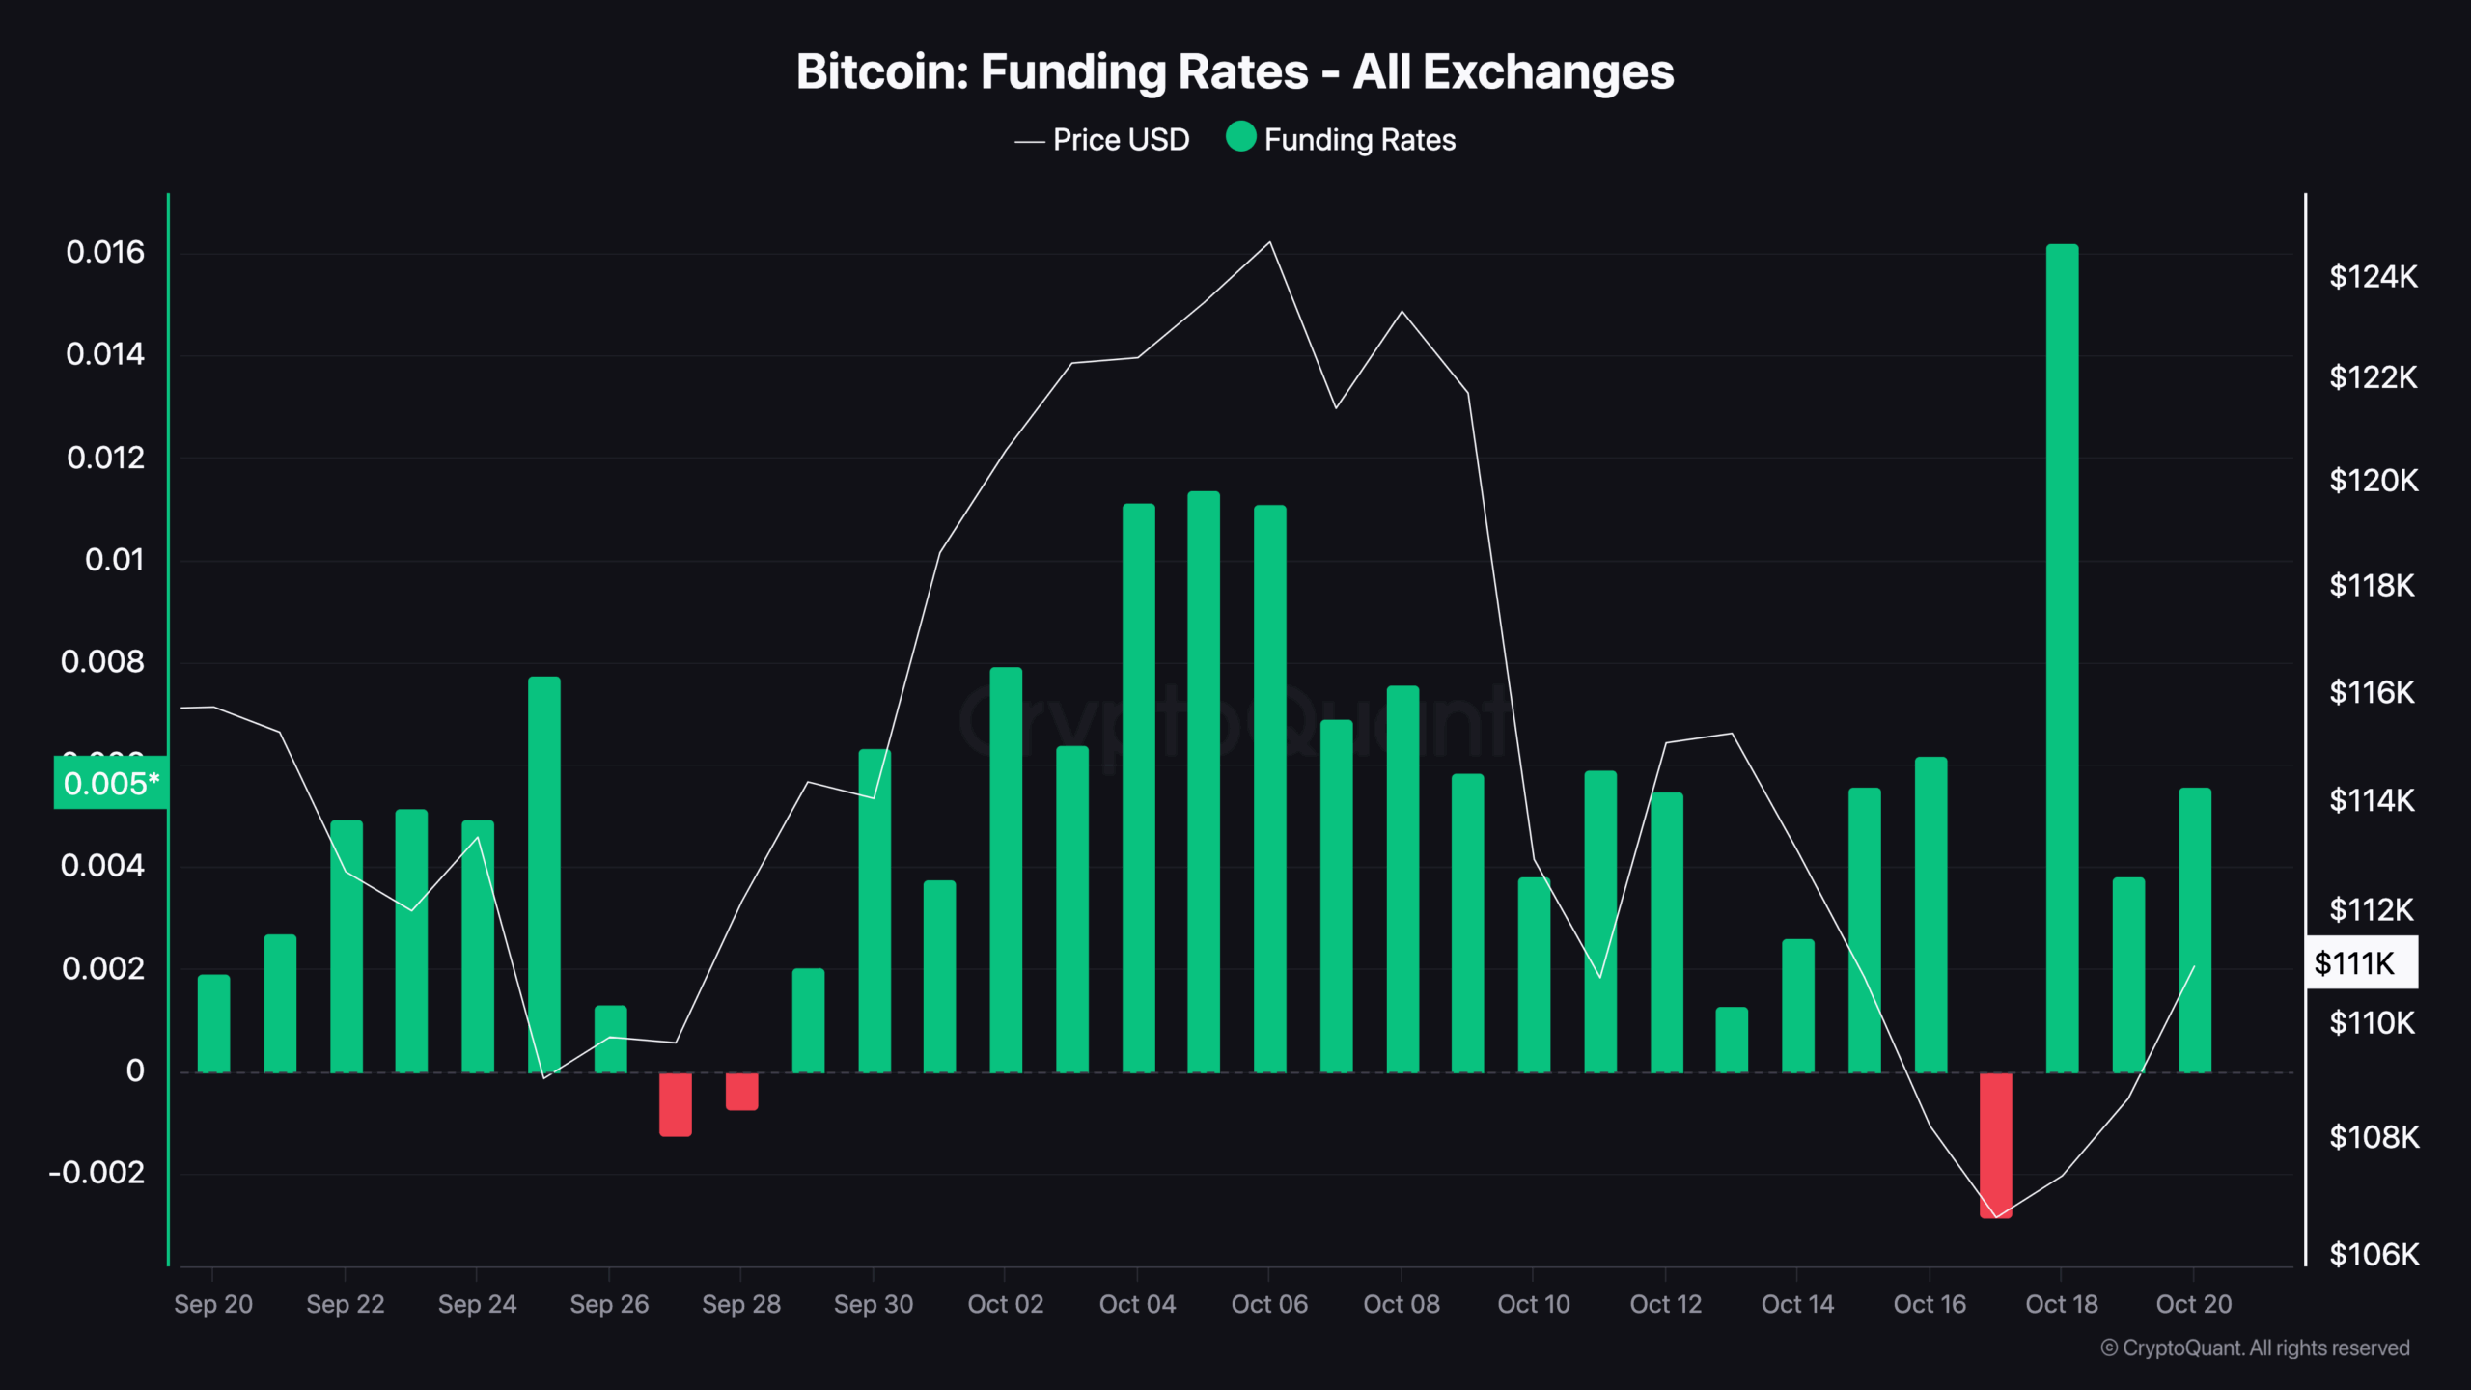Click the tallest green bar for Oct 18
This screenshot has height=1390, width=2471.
click(2062, 656)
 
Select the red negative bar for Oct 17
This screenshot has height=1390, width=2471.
click(1995, 1145)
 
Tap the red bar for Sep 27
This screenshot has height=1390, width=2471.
click(675, 1104)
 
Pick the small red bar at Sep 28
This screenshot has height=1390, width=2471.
click(741, 1092)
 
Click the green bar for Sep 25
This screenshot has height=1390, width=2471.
click(543, 874)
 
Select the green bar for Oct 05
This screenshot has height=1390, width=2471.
click(1203, 782)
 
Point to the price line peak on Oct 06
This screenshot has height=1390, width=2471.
click(1269, 242)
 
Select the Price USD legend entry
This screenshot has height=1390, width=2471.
click(1102, 140)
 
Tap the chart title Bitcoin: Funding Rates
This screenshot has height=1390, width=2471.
click(1235, 72)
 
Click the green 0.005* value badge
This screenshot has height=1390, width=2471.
click(110, 783)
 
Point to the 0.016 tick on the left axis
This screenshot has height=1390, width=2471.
click(105, 253)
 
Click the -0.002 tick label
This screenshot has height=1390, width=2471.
click(97, 1173)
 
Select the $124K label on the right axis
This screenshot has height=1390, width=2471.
click(2373, 277)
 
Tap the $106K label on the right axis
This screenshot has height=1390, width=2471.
click(2373, 1254)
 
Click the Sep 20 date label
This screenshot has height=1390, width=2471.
click(212, 1304)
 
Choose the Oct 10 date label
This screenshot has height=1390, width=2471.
click(1533, 1304)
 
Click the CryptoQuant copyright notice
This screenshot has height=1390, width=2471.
click(2255, 1348)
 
